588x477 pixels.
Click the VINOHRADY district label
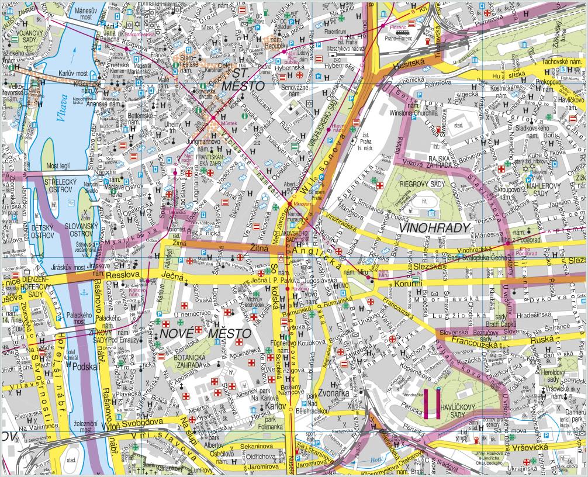[x=435, y=227]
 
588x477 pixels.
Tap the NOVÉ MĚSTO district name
[x=205, y=333]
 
